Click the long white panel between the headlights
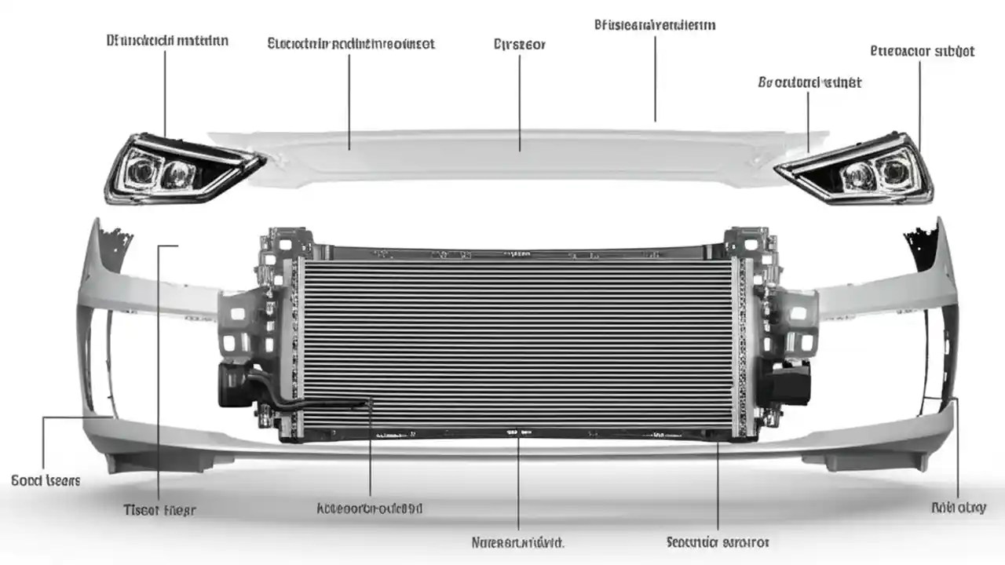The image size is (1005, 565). point(518,157)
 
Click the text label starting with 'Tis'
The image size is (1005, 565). point(159,510)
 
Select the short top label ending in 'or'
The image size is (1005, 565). point(519,45)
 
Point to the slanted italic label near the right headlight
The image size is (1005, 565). point(809,82)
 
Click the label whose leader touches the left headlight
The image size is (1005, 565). point(167,40)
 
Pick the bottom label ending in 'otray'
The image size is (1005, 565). point(958,508)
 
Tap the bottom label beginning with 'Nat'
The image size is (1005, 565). point(517,542)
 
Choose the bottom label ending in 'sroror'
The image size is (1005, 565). point(718,542)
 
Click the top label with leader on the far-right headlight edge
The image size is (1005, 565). point(923,51)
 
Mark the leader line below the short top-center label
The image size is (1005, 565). point(520,102)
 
